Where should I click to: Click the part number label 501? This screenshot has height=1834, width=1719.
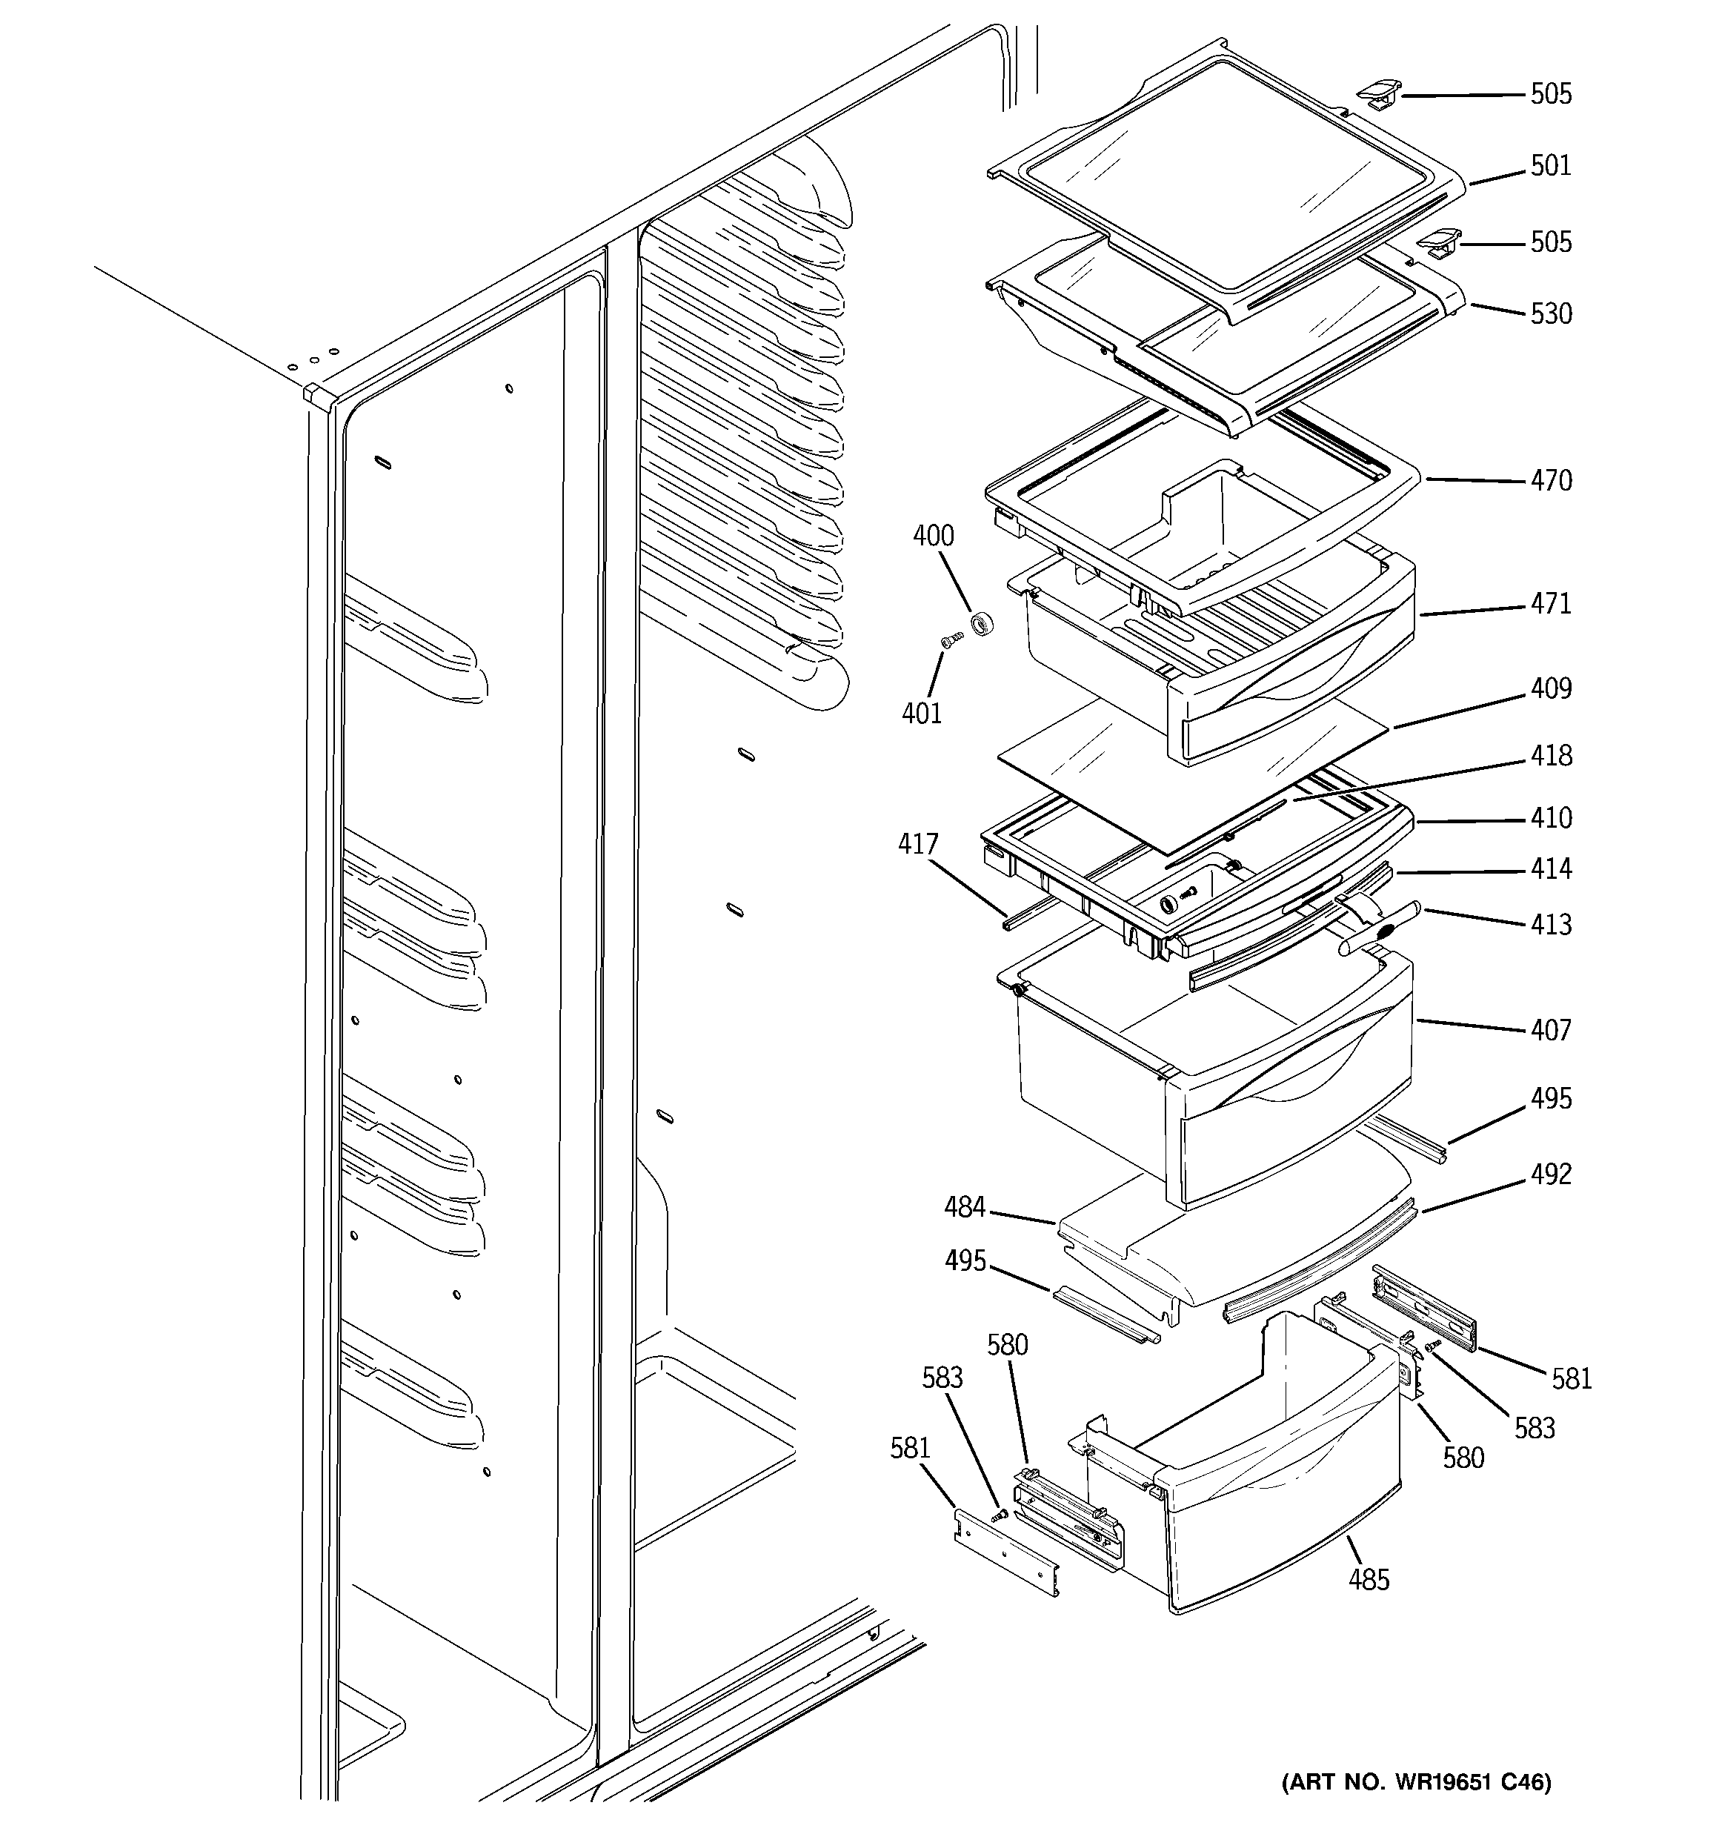(x=1550, y=166)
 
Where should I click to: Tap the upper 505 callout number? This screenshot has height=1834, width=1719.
(x=1550, y=94)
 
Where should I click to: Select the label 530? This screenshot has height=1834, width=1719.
(x=1550, y=313)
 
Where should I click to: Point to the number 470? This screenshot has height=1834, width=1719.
(x=1550, y=481)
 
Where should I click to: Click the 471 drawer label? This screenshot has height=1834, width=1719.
(x=1550, y=603)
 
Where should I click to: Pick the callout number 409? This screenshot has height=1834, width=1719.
(x=1550, y=688)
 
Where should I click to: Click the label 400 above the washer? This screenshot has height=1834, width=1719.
(x=933, y=536)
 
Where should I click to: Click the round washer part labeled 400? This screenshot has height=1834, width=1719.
(x=982, y=625)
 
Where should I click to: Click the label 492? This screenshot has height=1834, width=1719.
(x=1550, y=1175)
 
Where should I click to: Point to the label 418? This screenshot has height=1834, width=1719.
(x=1550, y=756)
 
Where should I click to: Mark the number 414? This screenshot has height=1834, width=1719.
(x=1550, y=869)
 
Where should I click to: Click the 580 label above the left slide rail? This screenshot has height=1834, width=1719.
(x=1007, y=1345)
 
